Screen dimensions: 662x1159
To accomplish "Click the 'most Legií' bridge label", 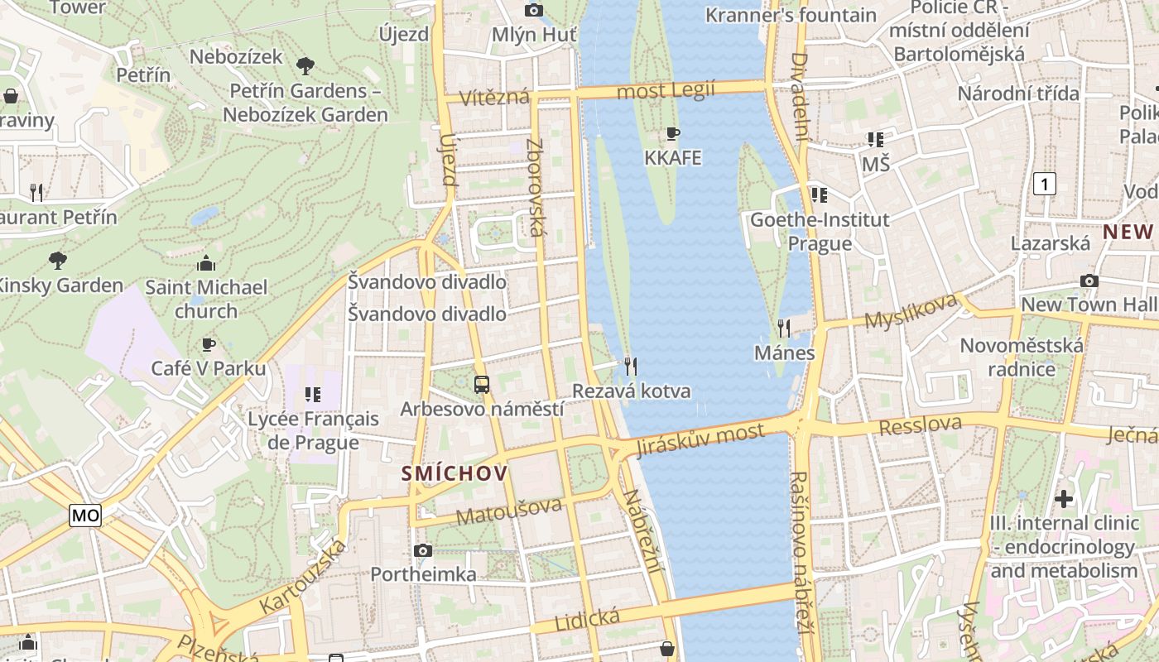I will point(666,91).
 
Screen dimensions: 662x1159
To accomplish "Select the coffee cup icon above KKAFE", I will point(673,133).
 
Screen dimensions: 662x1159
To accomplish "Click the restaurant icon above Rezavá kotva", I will point(631,365).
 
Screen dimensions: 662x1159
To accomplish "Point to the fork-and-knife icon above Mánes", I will point(784,329).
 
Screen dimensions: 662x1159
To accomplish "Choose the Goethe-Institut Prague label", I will point(820,232).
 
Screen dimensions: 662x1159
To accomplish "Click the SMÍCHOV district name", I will point(454,473).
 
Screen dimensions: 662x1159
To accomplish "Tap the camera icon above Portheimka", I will point(423,550).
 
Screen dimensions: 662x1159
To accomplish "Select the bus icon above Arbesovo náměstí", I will point(482,384).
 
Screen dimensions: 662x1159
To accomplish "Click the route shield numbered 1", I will point(1046,184).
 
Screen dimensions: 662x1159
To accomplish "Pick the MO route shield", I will point(85,516).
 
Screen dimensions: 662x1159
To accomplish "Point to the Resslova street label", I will point(921,426).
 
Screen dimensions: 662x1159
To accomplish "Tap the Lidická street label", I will point(587,619).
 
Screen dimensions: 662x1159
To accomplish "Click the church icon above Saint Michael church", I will point(206,263).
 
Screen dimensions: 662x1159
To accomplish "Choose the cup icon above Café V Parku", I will point(209,343).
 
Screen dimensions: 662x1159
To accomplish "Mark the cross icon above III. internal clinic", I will point(1064,498).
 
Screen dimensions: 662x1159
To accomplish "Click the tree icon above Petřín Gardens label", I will point(305,65).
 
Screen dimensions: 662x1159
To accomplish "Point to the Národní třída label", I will point(1018,94).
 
